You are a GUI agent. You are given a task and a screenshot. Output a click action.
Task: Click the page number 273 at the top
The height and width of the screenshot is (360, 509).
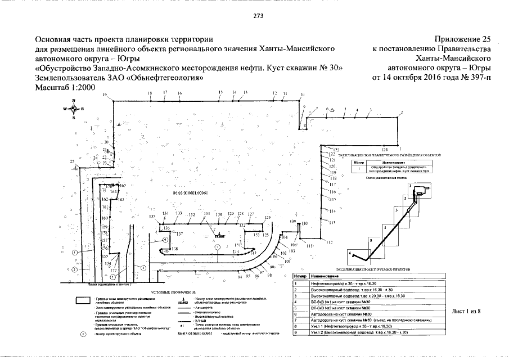(x=254, y=16)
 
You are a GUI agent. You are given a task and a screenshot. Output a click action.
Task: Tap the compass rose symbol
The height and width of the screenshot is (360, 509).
(x=74, y=109)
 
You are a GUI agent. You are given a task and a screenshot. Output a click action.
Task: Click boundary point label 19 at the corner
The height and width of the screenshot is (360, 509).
(x=105, y=96)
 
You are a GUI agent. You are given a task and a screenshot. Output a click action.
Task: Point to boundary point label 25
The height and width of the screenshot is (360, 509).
(x=73, y=162)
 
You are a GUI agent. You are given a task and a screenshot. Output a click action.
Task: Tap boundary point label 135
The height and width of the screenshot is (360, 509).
(x=152, y=217)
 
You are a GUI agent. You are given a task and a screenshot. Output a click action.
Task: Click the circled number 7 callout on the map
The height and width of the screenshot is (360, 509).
(x=217, y=247)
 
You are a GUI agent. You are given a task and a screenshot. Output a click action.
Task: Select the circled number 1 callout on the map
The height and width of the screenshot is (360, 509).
(x=74, y=253)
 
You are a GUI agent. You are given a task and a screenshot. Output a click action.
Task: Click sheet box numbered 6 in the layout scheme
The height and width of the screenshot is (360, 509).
(x=352, y=254)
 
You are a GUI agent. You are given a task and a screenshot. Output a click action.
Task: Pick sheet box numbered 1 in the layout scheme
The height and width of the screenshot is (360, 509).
(x=411, y=186)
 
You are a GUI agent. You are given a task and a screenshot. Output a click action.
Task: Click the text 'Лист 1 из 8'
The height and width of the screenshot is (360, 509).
(x=469, y=310)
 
